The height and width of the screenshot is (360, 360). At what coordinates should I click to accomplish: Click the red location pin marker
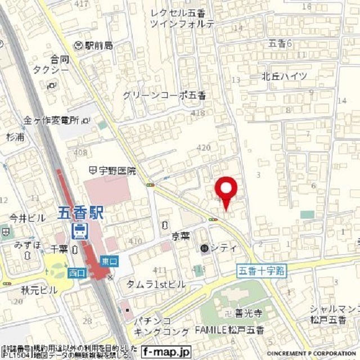click(x=227, y=192)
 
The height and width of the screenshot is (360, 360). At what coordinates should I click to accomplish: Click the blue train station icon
click(x=79, y=230)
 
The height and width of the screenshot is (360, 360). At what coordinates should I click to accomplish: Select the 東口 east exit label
click(x=109, y=261)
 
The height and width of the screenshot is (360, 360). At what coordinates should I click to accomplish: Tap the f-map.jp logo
click(x=166, y=350)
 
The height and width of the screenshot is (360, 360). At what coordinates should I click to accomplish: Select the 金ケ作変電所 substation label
click(x=55, y=120)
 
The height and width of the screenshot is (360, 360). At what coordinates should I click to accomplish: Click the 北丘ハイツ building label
click(x=285, y=76)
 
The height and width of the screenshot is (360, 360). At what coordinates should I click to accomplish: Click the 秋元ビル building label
click(x=39, y=290)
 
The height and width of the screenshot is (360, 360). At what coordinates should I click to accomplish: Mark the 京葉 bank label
click(x=181, y=236)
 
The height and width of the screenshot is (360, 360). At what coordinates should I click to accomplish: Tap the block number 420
click(x=203, y=147)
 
